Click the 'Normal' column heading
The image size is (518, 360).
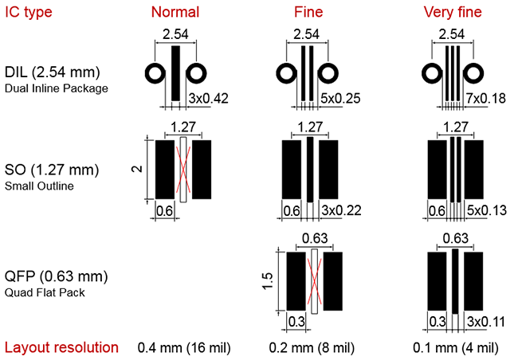(175, 12)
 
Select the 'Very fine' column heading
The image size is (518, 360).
(453, 12)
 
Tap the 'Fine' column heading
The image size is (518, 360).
(308, 12)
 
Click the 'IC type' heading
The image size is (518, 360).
(29, 13)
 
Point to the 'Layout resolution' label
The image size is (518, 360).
(61, 347)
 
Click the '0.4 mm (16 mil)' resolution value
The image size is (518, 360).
(184, 348)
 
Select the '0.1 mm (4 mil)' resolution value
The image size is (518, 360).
(456, 348)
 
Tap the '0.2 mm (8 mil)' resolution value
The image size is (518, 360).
(312, 348)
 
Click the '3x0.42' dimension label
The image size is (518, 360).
(208, 99)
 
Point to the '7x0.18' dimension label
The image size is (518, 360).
(485, 99)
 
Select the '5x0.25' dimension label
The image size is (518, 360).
(340, 99)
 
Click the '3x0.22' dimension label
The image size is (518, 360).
(341, 210)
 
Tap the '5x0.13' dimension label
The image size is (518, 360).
(487, 210)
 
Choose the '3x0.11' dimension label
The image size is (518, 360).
(486, 322)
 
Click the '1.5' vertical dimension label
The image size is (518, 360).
(268, 281)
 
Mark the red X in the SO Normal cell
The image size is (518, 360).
(183, 170)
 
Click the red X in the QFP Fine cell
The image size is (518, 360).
(314, 281)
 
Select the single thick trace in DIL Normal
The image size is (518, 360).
(176, 73)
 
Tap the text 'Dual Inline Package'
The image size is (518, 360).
(56, 88)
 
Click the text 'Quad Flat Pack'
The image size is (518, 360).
(45, 292)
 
